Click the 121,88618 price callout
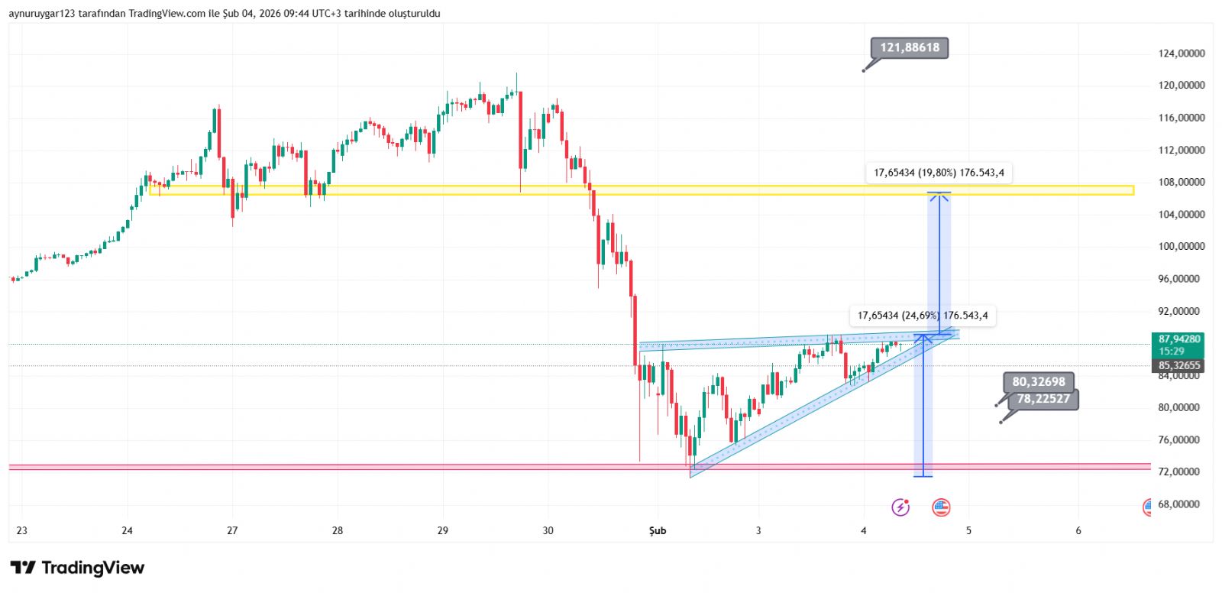click(x=909, y=47)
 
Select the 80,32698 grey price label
click(x=1038, y=381)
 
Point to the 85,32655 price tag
click(x=1178, y=366)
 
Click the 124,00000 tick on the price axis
click(x=1181, y=53)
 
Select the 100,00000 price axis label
click(x=1181, y=247)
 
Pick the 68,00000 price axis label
click(x=1181, y=504)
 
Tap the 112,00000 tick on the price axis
click(x=1181, y=151)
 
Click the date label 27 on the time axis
click(x=232, y=530)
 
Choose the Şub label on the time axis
click(x=657, y=530)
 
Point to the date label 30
click(x=548, y=530)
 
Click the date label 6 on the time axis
click(x=1078, y=530)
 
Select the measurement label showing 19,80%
click(x=938, y=173)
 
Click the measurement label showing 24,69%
click(x=922, y=316)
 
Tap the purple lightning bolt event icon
click(x=900, y=507)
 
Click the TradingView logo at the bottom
click(x=77, y=568)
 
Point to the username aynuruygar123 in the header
click(x=41, y=14)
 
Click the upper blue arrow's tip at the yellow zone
click(x=939, y=194)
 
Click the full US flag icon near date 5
click(x=941, y=507)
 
